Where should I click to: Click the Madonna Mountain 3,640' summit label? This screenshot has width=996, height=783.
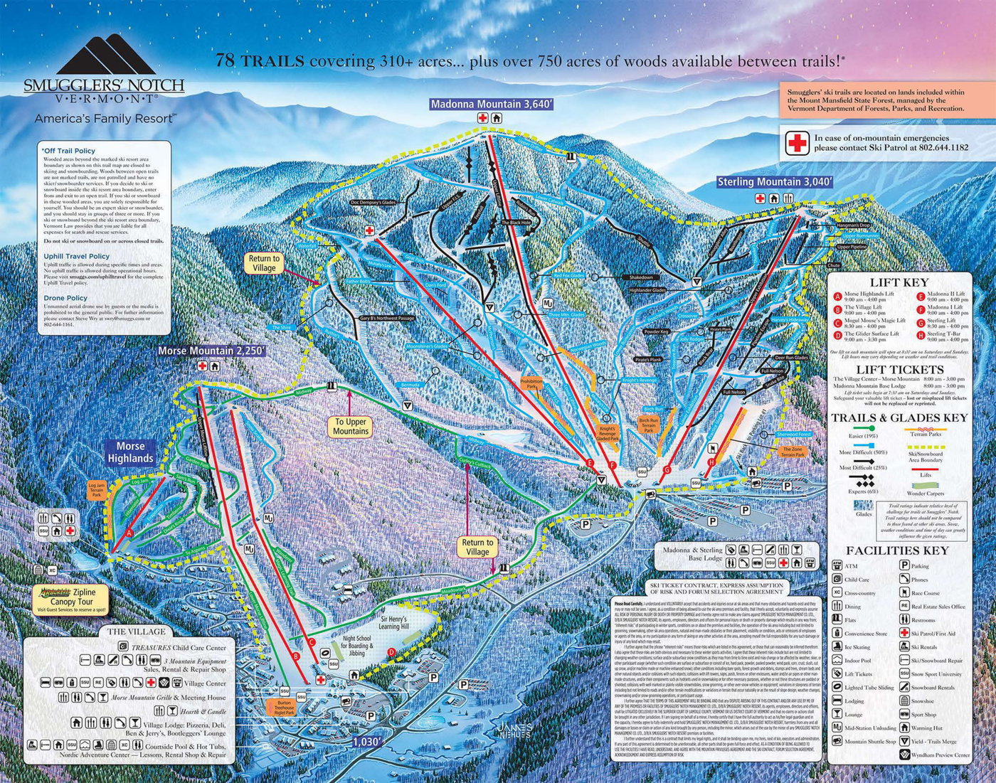coord(491,105)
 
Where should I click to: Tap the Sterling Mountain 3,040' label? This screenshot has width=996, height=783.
coord(774,182)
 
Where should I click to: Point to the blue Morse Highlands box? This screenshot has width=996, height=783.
coord(130,452)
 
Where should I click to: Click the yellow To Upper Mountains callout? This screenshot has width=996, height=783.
coord(351,426)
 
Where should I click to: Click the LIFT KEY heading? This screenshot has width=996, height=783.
coord(899,282)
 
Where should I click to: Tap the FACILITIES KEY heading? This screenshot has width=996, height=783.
coord(896,550)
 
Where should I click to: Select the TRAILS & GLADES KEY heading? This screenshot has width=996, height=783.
coord(899,417)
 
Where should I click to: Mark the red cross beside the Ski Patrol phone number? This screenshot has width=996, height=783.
coord(798,143)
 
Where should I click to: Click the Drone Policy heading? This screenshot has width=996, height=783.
coord(65,298)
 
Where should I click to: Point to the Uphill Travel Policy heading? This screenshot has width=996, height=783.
coord(76,256)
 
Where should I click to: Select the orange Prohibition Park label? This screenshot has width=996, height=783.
coord(531,385)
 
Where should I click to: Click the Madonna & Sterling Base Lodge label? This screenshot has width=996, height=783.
coord(692,554)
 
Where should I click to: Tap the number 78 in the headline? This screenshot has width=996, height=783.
coord(226,61)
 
